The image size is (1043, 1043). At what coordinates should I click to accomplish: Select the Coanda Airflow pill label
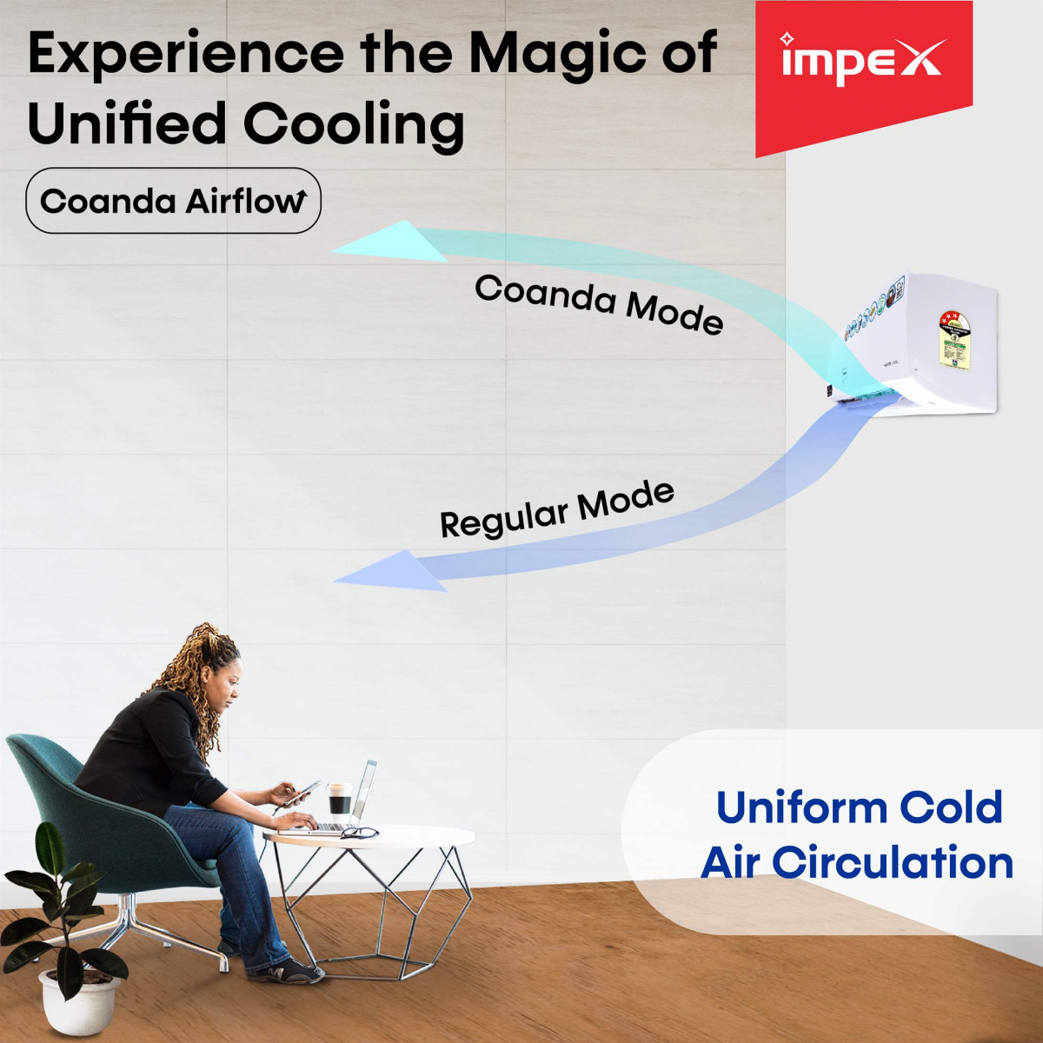(174, 201)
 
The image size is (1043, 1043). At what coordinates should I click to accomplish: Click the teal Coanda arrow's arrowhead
(391, 242)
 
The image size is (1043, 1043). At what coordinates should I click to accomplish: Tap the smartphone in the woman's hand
(301, 792)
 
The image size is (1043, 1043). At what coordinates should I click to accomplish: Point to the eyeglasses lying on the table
(361, 833)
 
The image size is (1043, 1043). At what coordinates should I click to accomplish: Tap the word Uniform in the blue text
(800, 807)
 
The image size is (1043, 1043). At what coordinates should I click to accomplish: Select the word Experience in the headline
(186, 54)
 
